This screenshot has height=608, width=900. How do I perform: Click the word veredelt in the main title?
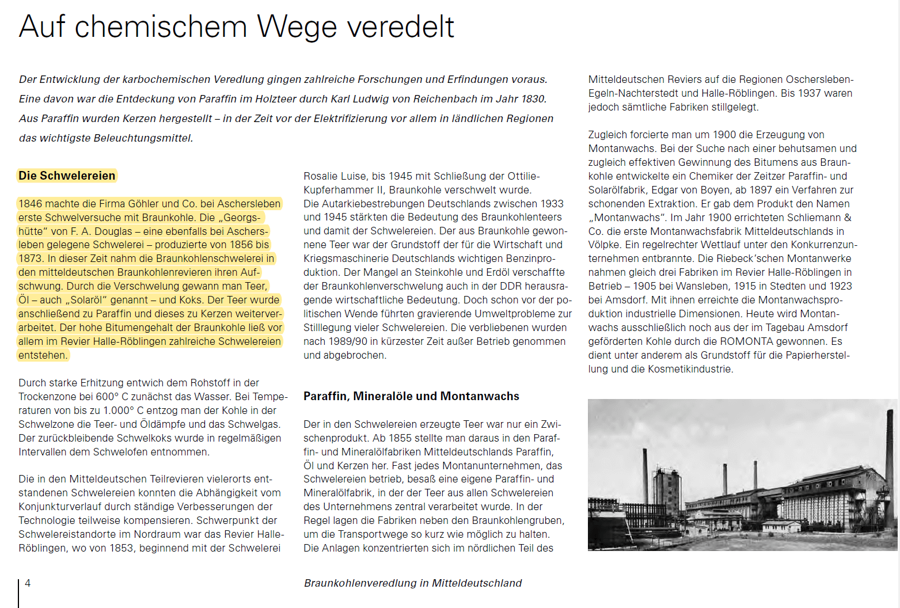(x=401, y=27)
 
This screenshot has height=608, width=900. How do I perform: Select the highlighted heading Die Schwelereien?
(x=67, y=176)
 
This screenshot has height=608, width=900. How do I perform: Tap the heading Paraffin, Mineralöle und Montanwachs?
(x=411, y=396)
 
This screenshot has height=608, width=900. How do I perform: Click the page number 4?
(x=28, y=583)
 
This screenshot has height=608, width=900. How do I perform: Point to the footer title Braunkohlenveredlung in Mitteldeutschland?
(x=412, y=583)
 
